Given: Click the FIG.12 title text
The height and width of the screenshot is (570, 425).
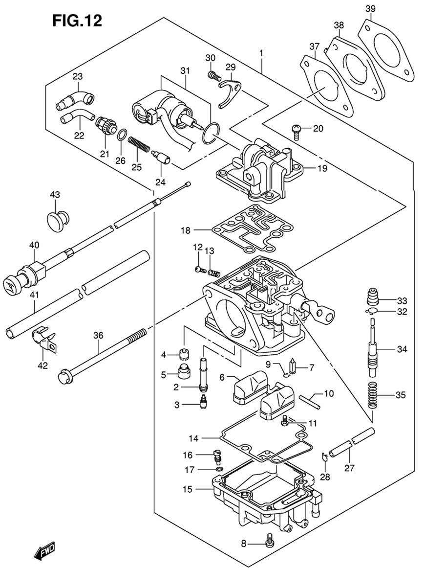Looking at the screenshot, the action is pyautogui.click(x=77, y=21).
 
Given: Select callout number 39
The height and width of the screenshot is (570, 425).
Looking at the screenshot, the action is pyautogui.click(x=370, y=8).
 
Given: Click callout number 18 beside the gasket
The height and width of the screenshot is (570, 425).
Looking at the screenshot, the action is pyautogui.click(x=186, y=230).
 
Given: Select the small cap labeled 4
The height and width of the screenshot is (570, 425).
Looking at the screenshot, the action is pyautogui.click(x=185, y=353).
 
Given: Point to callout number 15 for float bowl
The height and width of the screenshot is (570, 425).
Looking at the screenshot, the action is pyautogui.click(x=187, y=489).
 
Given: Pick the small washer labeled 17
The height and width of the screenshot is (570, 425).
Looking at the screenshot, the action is pyautogui.click(x=219, y=470).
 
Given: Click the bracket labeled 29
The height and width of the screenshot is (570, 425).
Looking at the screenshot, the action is pyautogui.click(x=231, y=92).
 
